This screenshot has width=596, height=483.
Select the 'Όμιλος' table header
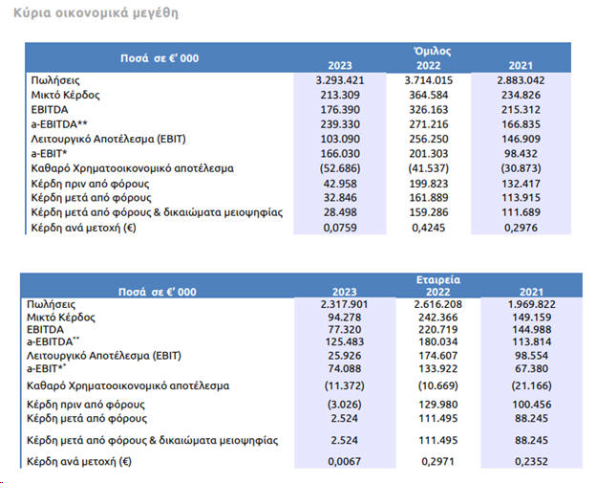pos(433,51)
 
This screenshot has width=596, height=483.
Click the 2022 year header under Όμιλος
pos(434,65)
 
